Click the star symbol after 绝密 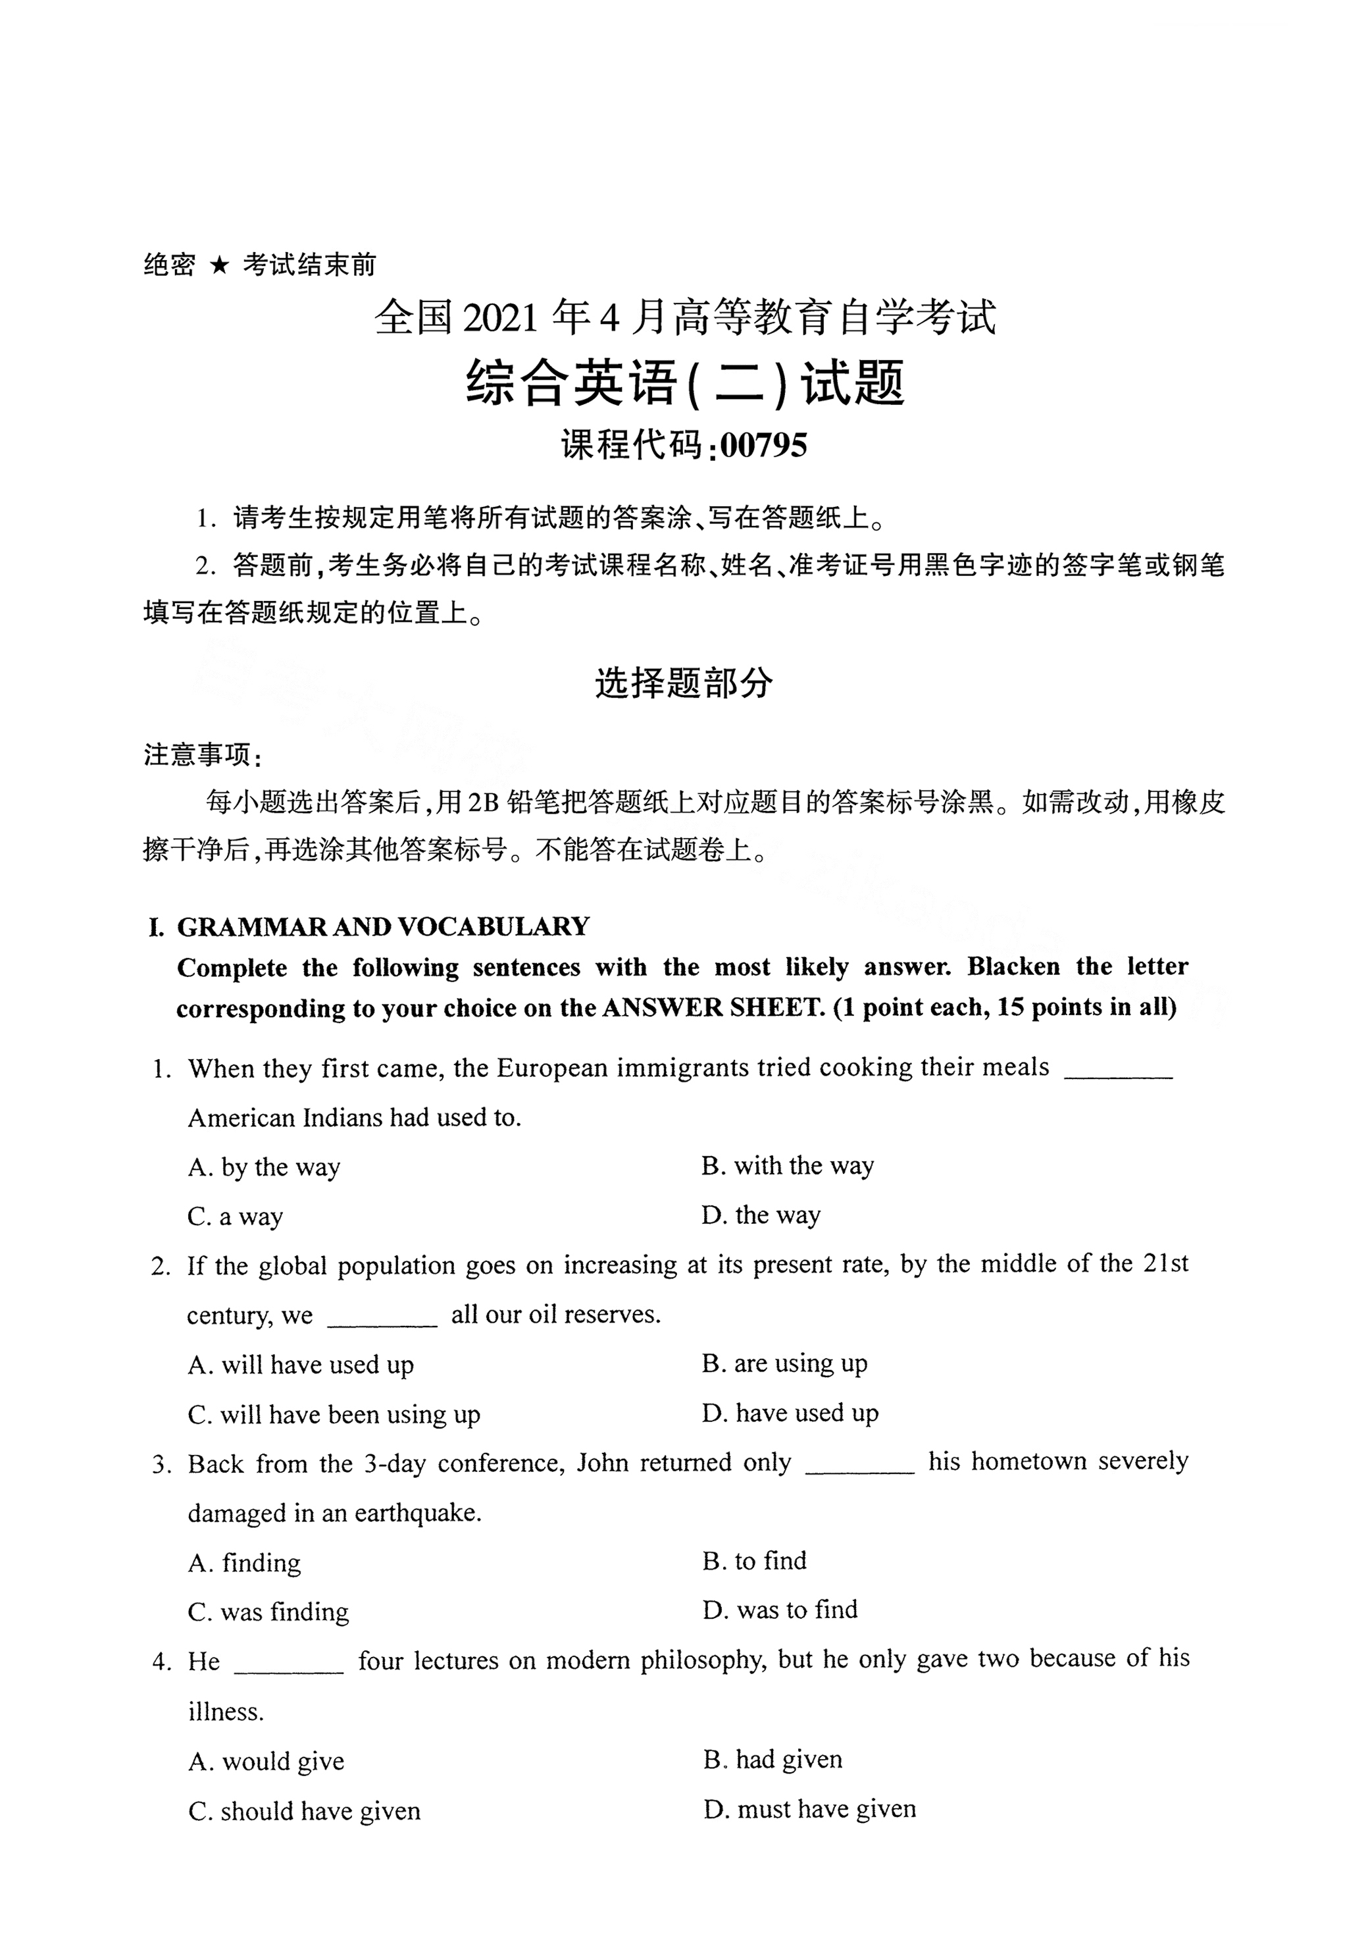click(x=219, y=266)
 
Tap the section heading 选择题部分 click(x=683, y=683)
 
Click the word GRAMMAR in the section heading click(x=252, y=927)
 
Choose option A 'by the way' click(x=264, y=1168)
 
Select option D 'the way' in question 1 click(x=760, y=1216)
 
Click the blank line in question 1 click(x=1117, y=1075)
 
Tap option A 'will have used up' click(x=301, y=1365)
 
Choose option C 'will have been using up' click(x=334, y=1415)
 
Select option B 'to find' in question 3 click(x=753, y=1560)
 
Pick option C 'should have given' click(x=304, y=1810)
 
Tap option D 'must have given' click(x=809, y=1810)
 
